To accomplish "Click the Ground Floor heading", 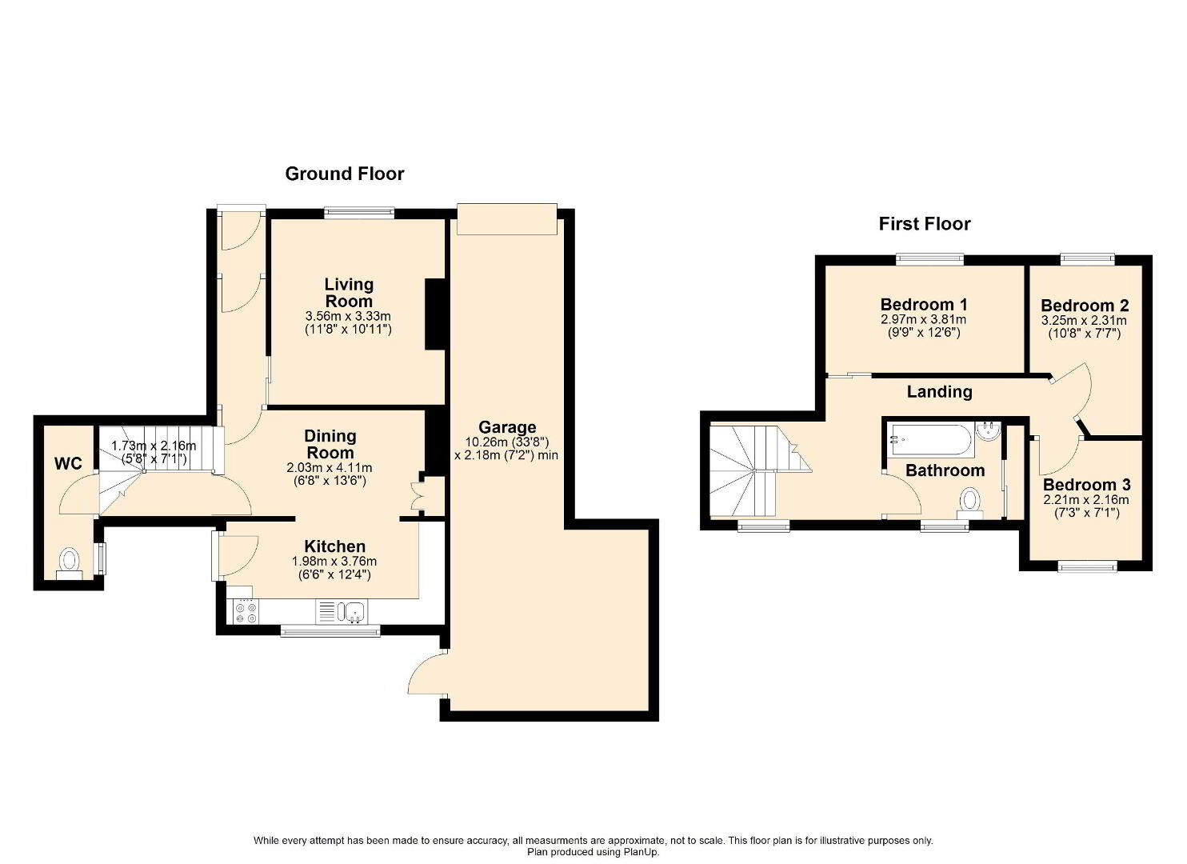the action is (x=345, y=174).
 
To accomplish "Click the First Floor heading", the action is (x=925, y=224).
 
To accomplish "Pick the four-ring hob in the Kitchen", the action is (x=246, y=612).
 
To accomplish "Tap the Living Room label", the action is (x=349, y=293).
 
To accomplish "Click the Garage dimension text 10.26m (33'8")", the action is (x=506, y=442).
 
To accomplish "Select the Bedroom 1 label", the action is (x=924, y=305).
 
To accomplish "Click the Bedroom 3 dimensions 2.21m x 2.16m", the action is (x=1086, y=499).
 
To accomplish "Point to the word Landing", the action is (x=940, y=392).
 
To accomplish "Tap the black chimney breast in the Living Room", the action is (x=434, y=314).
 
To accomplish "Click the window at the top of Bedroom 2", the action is (x=1087, y=258).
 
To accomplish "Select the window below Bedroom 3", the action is (x=1087, y=566).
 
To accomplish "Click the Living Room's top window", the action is (x=360, y=213).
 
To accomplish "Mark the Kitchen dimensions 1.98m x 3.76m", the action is (x=334, y=561).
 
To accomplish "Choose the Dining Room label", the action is (x=329, y=444).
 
